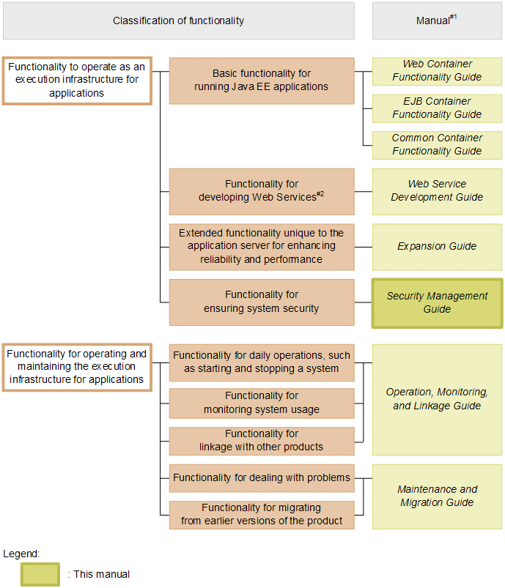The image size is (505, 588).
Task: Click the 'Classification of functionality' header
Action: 178,21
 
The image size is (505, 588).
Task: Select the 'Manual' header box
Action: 437,21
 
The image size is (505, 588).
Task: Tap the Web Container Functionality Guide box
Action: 437,71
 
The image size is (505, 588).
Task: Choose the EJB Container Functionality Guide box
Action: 437,108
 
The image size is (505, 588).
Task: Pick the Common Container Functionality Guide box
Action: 437,145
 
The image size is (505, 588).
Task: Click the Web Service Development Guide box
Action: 437,191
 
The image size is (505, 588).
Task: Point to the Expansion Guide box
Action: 437,247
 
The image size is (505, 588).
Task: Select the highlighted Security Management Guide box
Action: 437,302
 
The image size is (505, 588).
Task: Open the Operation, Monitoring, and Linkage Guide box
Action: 437,399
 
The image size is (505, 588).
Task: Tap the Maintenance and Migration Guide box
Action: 437,496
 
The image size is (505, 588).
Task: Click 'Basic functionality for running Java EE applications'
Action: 262,81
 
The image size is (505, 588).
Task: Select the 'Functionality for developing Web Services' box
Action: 262,191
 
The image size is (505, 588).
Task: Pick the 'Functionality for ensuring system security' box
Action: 262,302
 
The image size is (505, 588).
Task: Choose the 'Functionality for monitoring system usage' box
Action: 262,403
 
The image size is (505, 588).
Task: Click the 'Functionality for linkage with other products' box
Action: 262,441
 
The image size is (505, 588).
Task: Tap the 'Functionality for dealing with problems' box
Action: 262,478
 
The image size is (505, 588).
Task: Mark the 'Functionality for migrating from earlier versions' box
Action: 262,514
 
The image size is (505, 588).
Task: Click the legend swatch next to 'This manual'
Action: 40,574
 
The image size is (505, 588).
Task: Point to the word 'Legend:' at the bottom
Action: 21,554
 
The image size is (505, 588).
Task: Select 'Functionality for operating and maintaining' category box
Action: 77,367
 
